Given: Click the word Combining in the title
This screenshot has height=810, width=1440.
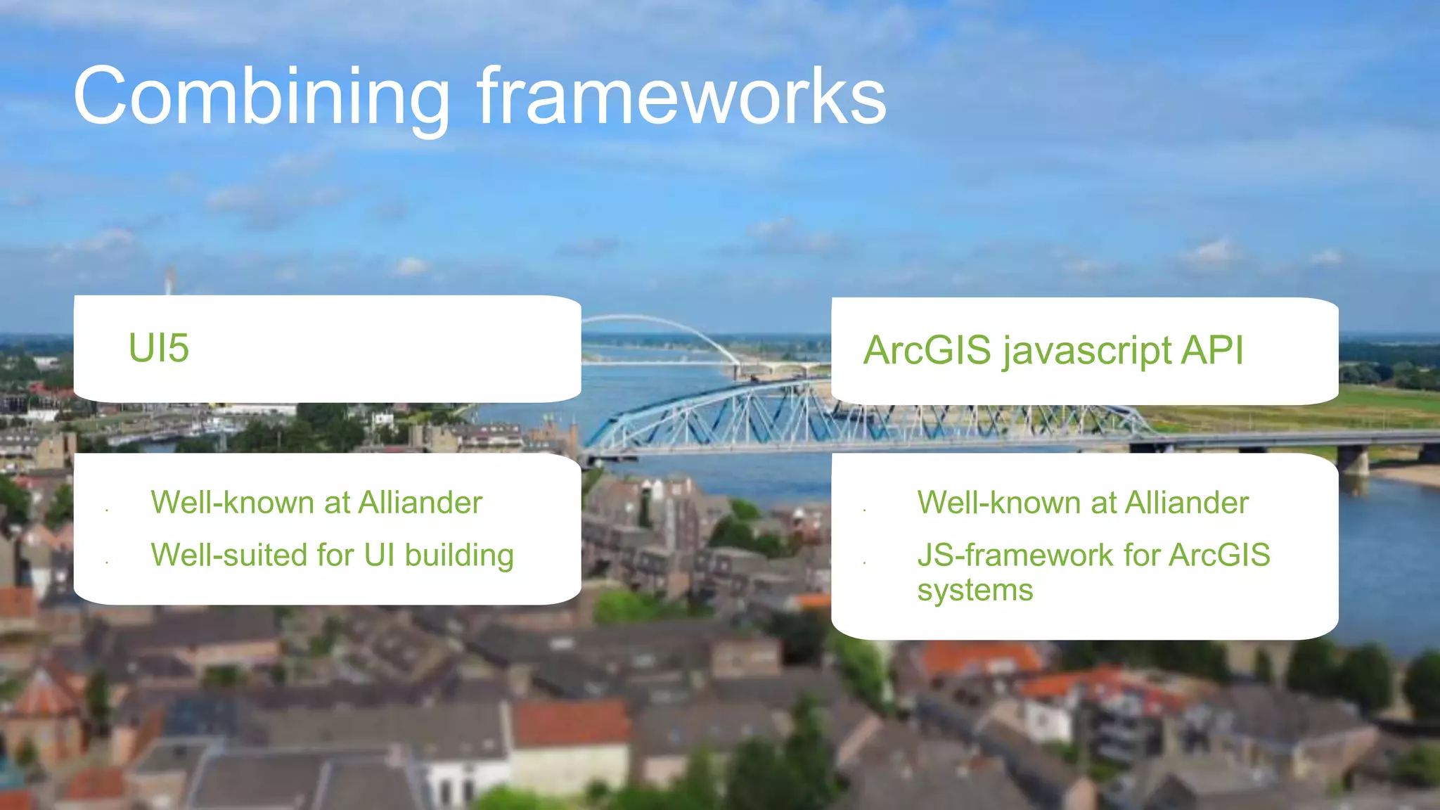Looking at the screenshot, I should click(260, 97).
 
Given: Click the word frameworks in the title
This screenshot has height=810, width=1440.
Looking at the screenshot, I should click(681, 97).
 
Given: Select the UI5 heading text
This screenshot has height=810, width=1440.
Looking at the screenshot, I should click(158, 348).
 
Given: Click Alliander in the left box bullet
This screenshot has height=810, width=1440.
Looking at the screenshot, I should click(420, 503).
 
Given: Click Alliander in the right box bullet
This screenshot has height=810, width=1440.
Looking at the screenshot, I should click(1186, 503).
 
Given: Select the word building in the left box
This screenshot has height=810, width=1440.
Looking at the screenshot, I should click(459, 555).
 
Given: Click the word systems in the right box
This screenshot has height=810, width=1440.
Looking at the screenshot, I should click(975, 591).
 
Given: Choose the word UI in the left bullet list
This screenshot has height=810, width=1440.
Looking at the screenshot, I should click(379, 555).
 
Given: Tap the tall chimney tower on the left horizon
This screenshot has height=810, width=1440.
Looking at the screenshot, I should click(169, 281).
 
